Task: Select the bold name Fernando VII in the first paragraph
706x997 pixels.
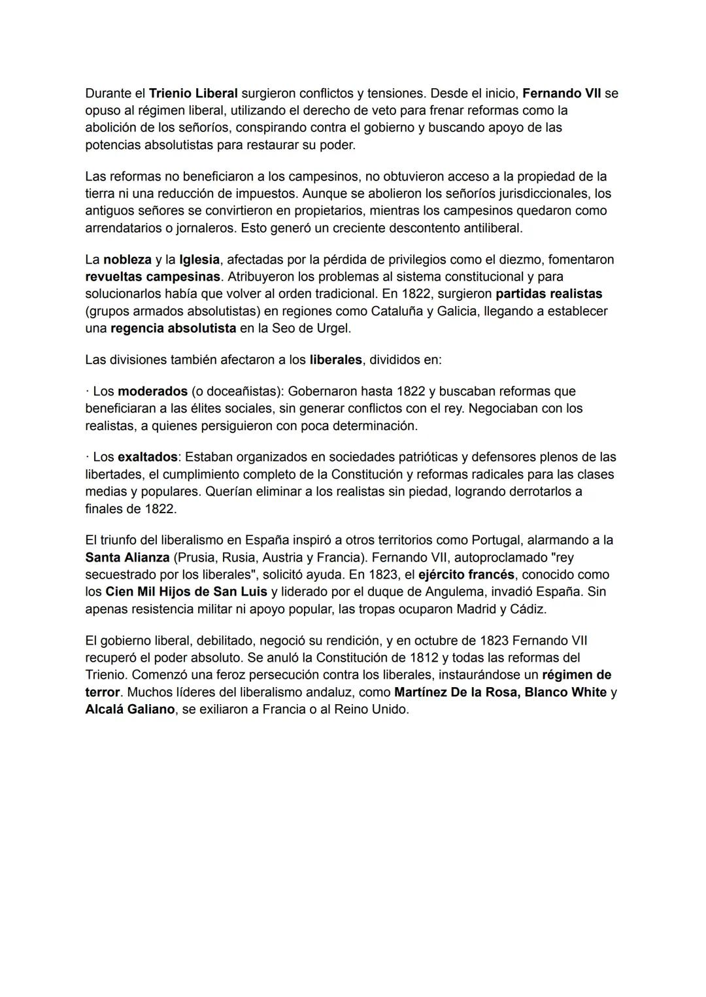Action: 562,93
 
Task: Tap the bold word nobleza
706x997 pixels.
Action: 127,260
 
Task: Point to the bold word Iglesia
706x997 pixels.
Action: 199,260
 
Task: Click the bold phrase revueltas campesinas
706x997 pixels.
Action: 153,277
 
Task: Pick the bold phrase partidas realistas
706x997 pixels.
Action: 549,294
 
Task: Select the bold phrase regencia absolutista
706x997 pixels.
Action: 173,328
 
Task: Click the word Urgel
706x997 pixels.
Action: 333,328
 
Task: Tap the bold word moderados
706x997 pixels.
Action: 152,391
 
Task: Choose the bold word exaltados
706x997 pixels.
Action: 147,457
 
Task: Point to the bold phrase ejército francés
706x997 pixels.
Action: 466,575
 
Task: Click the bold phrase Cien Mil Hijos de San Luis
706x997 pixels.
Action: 186,592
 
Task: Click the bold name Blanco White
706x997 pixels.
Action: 565,692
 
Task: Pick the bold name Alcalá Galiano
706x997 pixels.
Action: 130,709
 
